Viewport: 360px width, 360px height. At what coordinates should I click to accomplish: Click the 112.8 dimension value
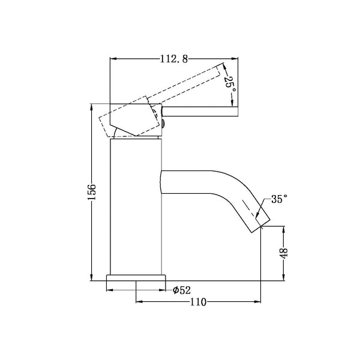coord(172,59)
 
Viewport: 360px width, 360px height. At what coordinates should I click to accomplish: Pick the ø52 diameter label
coord(181,290)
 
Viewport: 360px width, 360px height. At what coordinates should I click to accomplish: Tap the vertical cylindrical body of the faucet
coord(136,204)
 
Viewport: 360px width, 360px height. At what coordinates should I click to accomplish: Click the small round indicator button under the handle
coord(163,125)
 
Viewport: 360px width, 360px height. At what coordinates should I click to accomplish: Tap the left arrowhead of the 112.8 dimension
coord(112,59)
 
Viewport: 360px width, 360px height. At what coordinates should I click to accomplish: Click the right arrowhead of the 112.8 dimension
coord(236,59)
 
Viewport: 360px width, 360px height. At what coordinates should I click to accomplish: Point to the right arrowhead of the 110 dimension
coord(260,302)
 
